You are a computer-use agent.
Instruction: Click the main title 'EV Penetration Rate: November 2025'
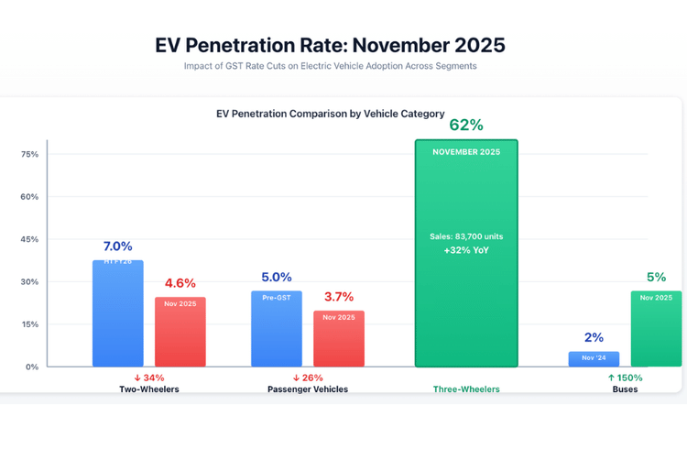[x=331, y=45]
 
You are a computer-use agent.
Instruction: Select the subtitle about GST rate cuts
[x=331, y=66]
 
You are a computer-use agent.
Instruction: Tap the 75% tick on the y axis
[x=30, y=154]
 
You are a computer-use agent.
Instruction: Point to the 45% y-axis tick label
[x=30, y=239]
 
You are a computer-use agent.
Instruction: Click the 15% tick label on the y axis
[x=30, y=324]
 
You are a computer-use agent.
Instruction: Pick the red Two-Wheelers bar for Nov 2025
[x=180, y=332]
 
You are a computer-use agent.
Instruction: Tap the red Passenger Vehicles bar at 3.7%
[x=339, y=339]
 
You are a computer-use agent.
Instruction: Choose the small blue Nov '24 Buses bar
[x=594, y=359]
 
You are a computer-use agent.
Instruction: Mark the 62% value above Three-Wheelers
[x=466, y=126]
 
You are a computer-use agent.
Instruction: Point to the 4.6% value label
[x=180, y=283]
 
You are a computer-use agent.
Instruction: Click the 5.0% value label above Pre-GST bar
[x=277, y=277]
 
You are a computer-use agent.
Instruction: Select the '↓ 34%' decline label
[x=148, y=378]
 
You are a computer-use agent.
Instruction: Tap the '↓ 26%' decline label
[x=309, y=378]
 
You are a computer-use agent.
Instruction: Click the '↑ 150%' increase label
[x=625, y=378]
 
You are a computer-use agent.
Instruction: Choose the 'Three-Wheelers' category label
[x=466, y=389]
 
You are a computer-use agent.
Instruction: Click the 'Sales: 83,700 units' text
[x=466, y=236]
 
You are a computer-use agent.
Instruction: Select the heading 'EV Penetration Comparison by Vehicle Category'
[x=331, y=115]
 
